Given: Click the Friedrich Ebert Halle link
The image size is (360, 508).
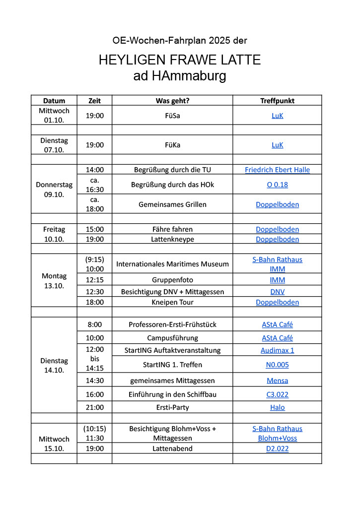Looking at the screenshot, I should tap(277, 170).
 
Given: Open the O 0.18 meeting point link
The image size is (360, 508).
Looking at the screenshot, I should tap(277, 185).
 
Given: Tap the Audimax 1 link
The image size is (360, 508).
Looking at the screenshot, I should tap(277, 350).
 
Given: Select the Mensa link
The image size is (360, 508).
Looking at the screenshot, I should tap(277, 381).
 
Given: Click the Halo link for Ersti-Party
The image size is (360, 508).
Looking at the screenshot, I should tap(277, 407).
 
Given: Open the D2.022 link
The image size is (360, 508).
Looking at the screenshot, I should tap(277, 448).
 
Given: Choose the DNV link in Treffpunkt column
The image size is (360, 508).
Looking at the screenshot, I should tap(277, 292).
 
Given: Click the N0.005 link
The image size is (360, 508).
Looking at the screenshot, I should tap(277, 365).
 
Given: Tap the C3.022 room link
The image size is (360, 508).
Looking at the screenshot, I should tap(277, 394).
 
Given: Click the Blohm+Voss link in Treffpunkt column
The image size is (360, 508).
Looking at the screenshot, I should tap(277, 438).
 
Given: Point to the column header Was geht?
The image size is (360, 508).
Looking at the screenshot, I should tap(172, 101).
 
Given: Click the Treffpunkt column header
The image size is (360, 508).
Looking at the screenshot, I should tap(277, 101).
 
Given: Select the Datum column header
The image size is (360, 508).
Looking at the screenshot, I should tap(54, 101).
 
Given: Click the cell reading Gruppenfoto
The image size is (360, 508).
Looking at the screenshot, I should tap(172, 280).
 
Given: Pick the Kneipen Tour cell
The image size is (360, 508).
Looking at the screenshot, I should tap(172, 302).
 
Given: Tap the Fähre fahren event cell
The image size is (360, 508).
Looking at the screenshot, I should tap(172, 229).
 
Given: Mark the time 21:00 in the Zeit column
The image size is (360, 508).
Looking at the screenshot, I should tap(94, 407).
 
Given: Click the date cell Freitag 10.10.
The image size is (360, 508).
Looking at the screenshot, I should tap(54, 234).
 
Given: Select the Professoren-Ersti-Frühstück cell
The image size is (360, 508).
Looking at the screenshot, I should tap(172, 324).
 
